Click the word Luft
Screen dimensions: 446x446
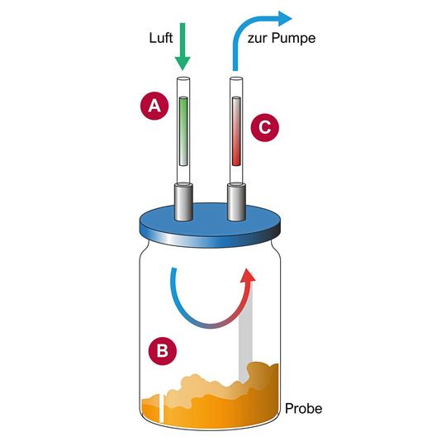161,38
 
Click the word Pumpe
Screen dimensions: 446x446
293,38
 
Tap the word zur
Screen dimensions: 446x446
258,39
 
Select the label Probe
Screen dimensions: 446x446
303,409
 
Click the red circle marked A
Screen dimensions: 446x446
154,106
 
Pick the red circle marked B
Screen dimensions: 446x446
163,351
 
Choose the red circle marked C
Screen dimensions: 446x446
264,127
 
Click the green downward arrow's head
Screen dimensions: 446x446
183,63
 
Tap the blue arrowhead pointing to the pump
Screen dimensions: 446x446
284,19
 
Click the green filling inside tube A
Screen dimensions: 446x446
183,131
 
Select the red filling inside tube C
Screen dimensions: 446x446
236,131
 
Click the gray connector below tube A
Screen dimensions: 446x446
183,202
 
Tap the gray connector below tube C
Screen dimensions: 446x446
236,202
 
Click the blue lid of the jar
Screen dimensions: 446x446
210,225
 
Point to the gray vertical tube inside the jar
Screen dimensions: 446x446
245,335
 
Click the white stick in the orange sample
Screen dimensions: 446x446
161,409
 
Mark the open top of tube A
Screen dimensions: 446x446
183,78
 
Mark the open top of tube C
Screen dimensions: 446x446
236,78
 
